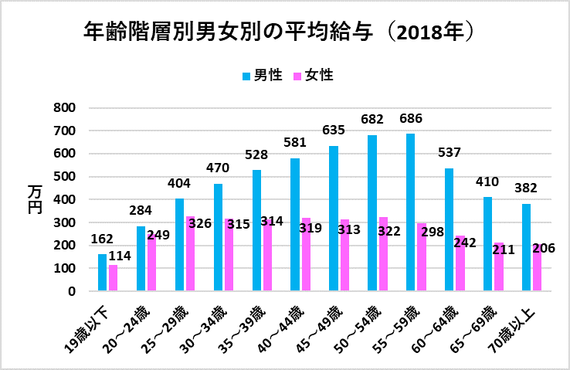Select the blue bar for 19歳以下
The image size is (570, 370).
(102, 273)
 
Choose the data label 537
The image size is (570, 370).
(449, 153)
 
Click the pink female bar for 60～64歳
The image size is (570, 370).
(460, 263)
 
